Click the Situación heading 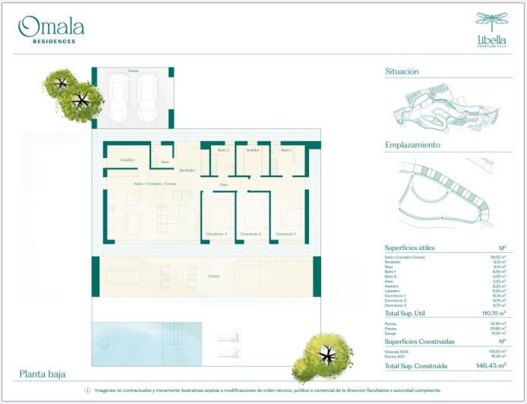click(x=402, y=71)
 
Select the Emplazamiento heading click(x=413, y=144)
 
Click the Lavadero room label click(x=127, y=159)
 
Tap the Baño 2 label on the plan click(x=222, y=150)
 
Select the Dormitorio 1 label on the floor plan click(x=286, y=233)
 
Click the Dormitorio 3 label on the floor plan click(x=216, y=233)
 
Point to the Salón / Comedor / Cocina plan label click(x=155, y=184)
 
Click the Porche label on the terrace click(x=215, y=277)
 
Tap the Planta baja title click(x=43, y=374)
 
